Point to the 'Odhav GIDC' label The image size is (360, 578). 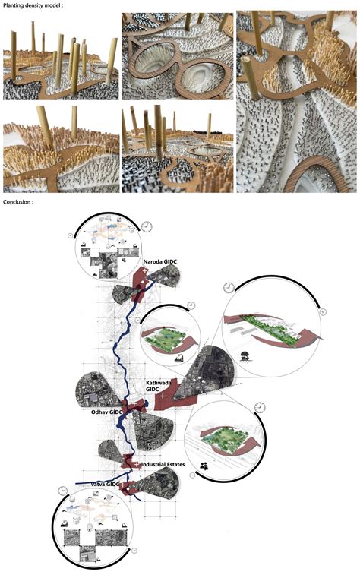pyautogui.click(x=106, y=412)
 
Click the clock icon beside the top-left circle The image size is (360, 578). pyautogui.click(x=147, y=226)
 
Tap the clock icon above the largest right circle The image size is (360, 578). pyautogui.click(x=228, y=288)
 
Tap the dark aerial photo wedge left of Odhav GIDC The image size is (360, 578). pyautogui.click(x=95, y=388)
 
